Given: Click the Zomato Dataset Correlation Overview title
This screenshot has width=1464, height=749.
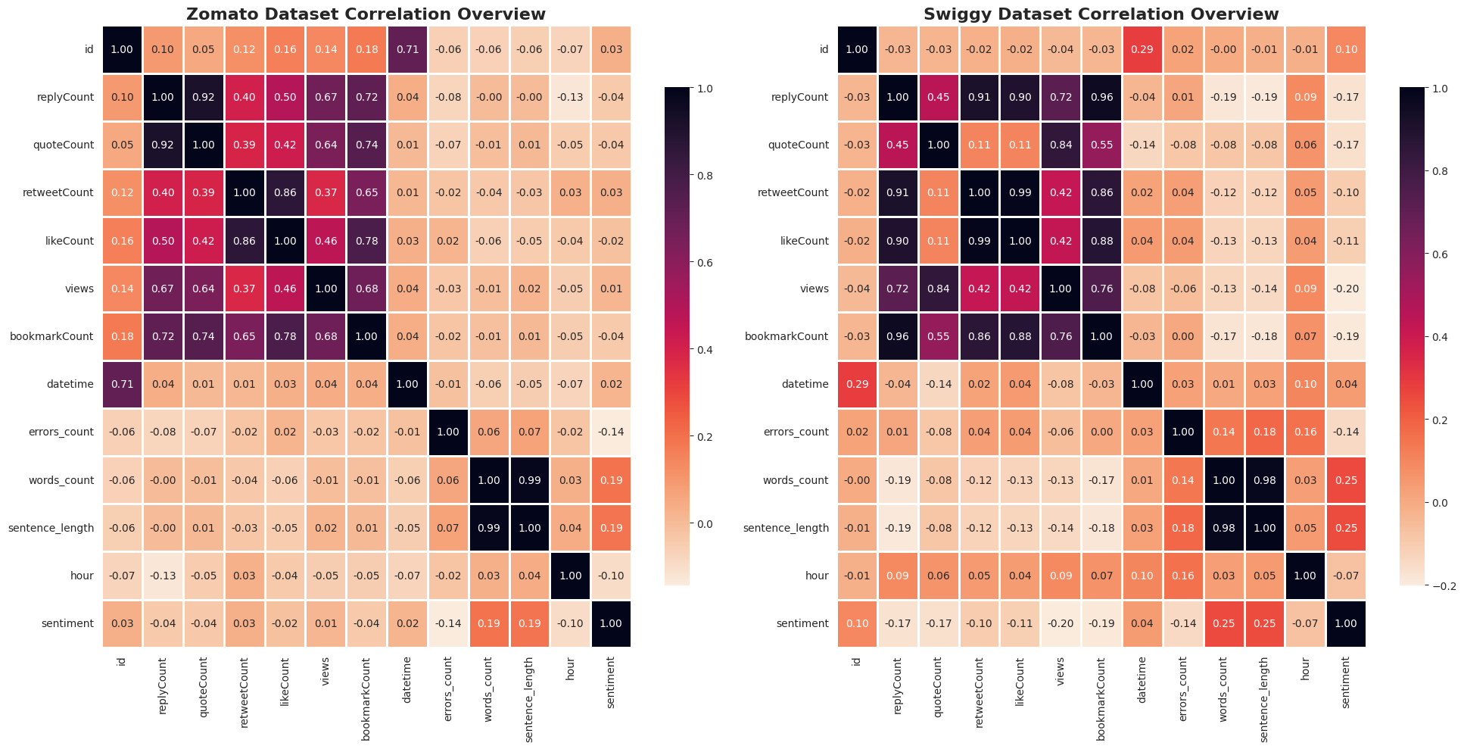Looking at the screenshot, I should click(x=366, y=14).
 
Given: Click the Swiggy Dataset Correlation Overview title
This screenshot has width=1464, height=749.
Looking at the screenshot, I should click(x=1101, y=14).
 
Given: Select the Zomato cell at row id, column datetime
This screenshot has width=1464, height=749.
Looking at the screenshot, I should click(x=407, y=49).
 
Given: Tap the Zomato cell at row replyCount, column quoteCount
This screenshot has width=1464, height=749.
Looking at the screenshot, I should click(x=204, y=97).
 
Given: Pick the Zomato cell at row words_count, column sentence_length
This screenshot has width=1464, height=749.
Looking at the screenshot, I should click(x=529, y=480).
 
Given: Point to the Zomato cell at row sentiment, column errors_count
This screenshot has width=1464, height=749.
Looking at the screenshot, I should click(x=448, y=623).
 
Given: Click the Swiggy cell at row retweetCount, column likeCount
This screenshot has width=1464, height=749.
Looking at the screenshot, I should click(x=1020, y=192).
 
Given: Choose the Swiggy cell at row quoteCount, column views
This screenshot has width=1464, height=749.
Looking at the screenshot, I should click(x=1061, y=145).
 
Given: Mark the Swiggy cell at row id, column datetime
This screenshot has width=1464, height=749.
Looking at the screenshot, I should click(x=1142, y=49).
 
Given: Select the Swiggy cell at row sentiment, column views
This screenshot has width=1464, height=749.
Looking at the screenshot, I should click(x=1061, y=623).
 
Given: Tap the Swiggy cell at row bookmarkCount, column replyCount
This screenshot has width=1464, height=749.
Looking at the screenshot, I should click(x=898, y=336).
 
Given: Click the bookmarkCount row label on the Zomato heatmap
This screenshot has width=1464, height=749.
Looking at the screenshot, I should click(x=51, y=336).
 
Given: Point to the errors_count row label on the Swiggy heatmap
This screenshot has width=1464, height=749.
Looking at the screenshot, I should click(x=794, y=432).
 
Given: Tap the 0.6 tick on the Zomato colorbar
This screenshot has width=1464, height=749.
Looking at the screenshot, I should click(x=705, y=263).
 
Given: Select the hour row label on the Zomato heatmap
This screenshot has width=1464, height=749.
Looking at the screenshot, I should click(x=82, y=576).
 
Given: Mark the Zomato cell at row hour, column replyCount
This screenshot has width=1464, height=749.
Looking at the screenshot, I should click(x=163, y=576).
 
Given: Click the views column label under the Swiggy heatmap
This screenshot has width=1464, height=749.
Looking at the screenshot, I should click(x=1061, y=671).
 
